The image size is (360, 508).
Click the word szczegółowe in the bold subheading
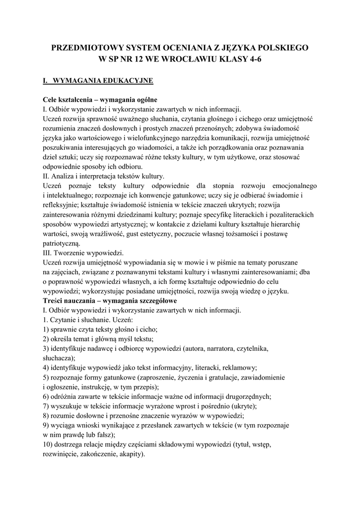(x=149, y=301)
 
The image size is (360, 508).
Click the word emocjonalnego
(x=289, y=186)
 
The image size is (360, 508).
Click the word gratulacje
(x=215, y=378)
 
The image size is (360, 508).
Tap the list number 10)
(x=49, y=444)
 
